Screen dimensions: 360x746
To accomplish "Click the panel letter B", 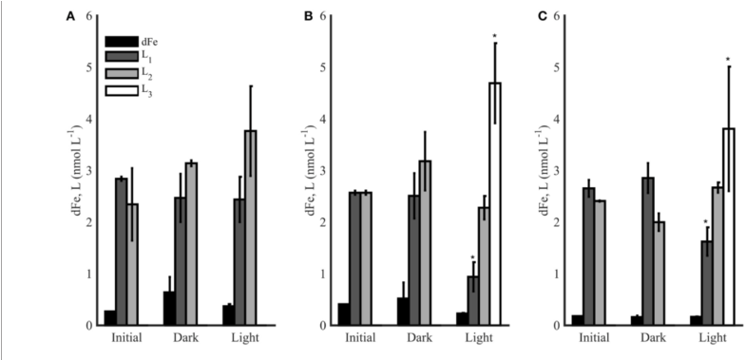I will (x=307, y=17).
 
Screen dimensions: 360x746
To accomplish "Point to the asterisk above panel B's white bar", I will (x=495, y=38).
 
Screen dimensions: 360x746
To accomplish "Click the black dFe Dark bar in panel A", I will (x=168, y=309).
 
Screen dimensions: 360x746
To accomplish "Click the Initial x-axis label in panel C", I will (x=594, y=337).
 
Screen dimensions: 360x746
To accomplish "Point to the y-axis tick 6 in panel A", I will (x=89, y=16).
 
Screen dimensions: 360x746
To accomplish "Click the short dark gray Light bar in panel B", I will (x=472, y=300).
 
